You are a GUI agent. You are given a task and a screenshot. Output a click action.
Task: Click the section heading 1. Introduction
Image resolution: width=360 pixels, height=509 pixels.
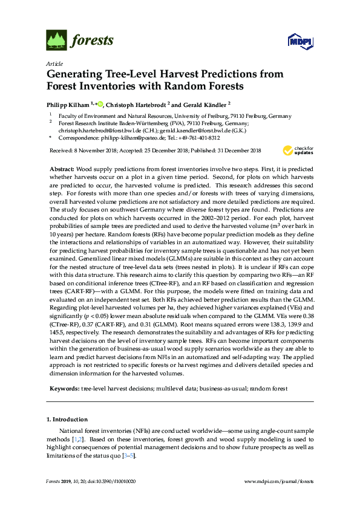point(67,420)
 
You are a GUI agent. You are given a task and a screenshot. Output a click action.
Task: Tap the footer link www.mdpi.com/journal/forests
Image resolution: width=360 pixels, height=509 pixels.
point(278,482)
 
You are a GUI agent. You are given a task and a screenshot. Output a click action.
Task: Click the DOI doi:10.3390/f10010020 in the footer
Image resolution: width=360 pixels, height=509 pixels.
point(111,482)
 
